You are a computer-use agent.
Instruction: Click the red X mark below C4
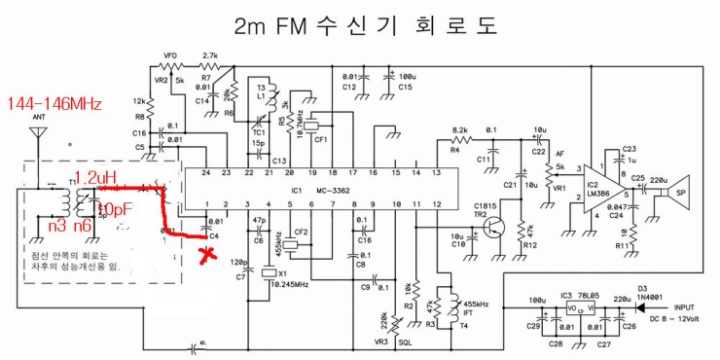tap(206, 256)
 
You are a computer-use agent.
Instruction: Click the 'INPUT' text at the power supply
tap(685, 303)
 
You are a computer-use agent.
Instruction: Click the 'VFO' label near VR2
tap(171, 54)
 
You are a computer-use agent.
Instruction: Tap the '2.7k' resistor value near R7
tap(208, 54)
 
